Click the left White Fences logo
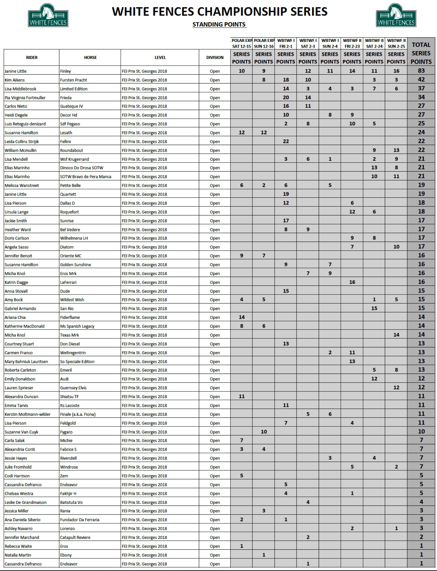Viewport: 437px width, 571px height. (x=48, y=15)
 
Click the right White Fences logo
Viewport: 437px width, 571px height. (x=396, y=15)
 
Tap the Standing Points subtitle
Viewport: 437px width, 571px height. (x=219, y=25)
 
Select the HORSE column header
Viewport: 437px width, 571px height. (x=90, y=58)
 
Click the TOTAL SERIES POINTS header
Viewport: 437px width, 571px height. (x=421, y=53)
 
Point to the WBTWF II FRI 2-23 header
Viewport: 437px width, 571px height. (x=352, y=43)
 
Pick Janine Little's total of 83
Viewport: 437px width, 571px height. (x=421, y=71)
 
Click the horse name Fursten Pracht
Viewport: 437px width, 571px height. (x=73, y=80)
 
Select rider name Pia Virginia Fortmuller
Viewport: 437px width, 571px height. (x=25, y=98)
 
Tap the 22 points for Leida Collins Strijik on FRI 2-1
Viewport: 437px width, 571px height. (x=286, y=141)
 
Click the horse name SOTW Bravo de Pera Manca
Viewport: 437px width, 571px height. (x=86, y=177)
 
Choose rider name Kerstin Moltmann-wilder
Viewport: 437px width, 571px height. (x=28, y=414)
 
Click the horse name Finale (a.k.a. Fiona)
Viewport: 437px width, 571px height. (x=78, y=414)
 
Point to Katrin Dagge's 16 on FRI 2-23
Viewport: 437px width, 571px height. (x=352, y=282)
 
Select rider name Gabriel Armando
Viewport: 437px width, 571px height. (x=20, y=308)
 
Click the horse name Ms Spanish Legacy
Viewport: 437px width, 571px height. (x=77, y=326)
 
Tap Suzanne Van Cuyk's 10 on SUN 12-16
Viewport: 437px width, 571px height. (x=263, y=432)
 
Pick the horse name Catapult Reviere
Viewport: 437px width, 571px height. (x=75, y=537)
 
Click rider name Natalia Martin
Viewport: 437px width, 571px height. (x=18, y=555)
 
